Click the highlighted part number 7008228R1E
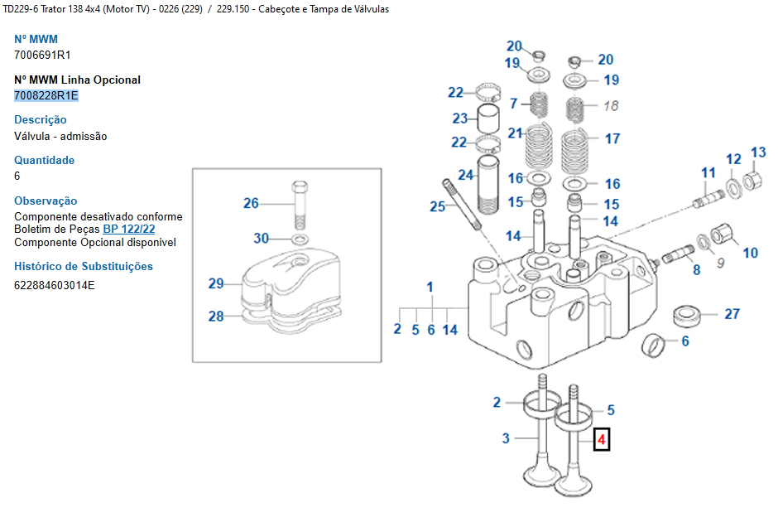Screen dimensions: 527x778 point(46,95)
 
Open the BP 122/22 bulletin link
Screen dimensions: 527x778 point(129,229)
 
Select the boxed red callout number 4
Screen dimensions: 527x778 point(602,439)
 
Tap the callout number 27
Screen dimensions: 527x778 point(732,314)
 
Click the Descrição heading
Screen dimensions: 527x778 point(41,119)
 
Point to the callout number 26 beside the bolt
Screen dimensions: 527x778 point(251,203)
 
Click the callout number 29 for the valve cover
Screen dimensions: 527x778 point(216,283)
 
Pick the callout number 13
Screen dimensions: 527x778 point(758,152)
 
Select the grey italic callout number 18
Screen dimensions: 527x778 point(611,105)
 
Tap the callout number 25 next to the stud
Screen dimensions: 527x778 point(437,206)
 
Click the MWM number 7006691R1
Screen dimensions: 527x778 point(42,55)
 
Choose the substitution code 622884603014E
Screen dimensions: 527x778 point(55,285)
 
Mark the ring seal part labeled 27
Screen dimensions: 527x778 point(686,316)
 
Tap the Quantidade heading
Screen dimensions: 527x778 point(44,160)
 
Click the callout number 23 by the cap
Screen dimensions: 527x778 point(459,118)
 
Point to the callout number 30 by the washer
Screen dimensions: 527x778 point(262,239)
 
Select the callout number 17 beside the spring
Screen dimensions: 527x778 point(612,138)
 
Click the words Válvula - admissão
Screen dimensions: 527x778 point(60,136)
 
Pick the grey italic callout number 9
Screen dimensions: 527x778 point(719,263)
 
